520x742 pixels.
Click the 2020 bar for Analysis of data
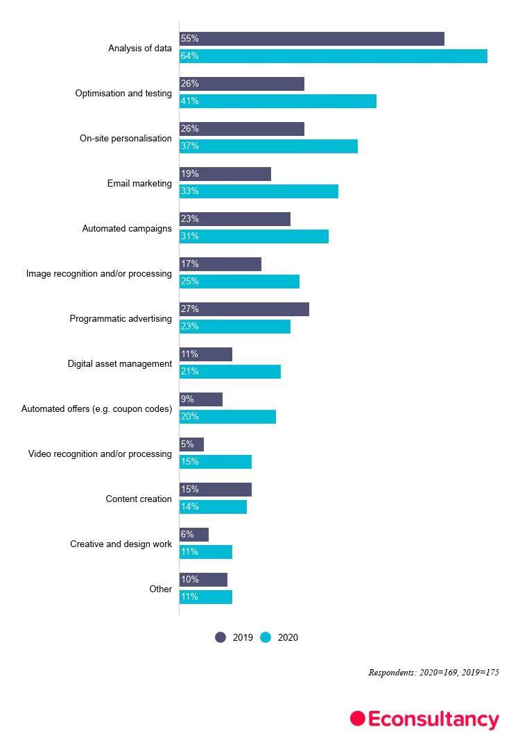click(333, 56)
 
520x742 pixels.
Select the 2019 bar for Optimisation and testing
click(241, 84)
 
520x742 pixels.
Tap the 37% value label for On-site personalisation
click(189, 146)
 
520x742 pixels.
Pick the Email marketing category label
click(139, 184)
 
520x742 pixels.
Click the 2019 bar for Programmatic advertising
click(244, 309)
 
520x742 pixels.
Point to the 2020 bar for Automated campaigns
click(254, 236)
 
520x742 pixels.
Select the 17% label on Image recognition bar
click(189, 264)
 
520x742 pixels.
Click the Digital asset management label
click(119, 364)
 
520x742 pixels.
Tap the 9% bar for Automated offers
click(200, 399)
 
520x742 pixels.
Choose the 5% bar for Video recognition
click(191, 445)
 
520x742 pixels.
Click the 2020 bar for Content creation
click(213, 507)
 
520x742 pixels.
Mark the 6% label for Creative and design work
click(187, 535)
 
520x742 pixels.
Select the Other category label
click(160, 589)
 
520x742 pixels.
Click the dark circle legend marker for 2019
click(220, 637)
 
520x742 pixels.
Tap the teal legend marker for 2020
click(266, 637)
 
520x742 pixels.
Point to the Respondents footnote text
click(433, 673)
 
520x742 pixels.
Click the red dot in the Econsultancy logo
click(357, 718)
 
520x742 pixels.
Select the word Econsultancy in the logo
click(433, 720)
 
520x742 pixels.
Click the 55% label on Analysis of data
click(189, 39)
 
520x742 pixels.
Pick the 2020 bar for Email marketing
click(259, 191)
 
